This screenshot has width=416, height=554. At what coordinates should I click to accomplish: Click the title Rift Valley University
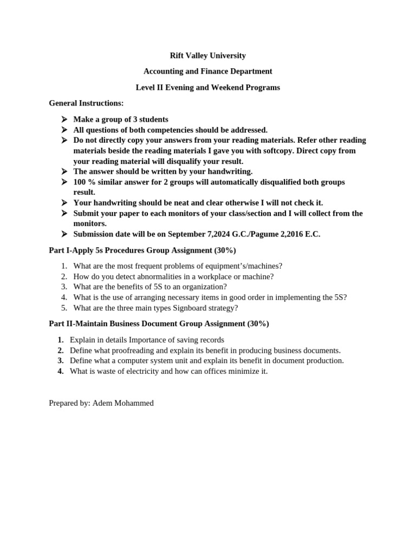[x=207, y=55]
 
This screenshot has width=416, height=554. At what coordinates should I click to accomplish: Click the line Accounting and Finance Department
[x=207, y=71]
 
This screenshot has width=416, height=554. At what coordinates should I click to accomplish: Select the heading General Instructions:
[x=86, y=103]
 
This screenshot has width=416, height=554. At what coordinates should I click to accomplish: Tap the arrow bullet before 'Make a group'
[x=64, y=120]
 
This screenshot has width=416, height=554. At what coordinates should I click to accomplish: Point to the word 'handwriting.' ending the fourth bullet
[x=230, y=172]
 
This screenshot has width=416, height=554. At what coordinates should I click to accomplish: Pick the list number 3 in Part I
[x=64, y=287]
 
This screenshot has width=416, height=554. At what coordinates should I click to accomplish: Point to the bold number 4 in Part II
[x=61, y=371]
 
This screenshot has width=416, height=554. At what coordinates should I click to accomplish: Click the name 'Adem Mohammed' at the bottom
[x=123, y=403]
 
